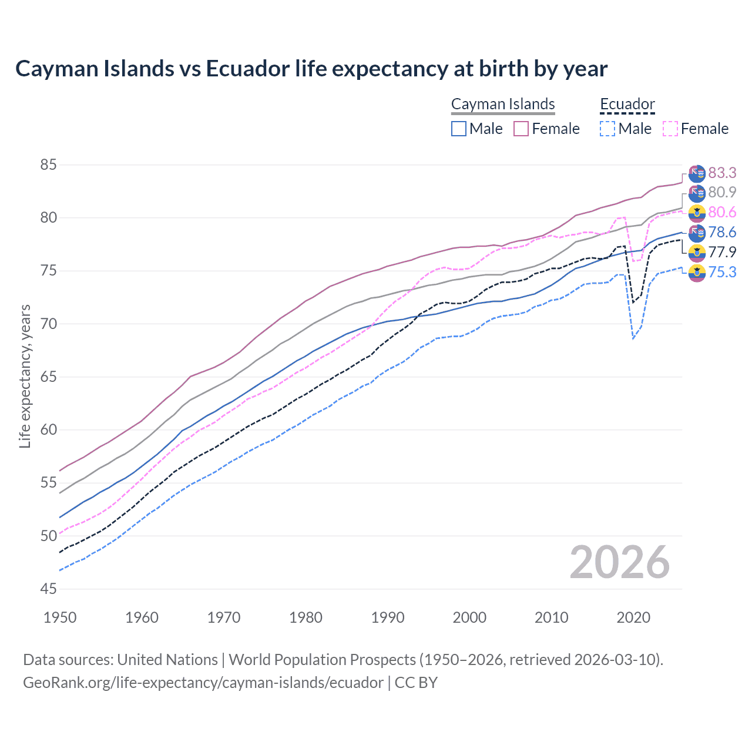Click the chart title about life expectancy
coord(311,69)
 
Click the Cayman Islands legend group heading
coord(503,104)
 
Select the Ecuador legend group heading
coord(627,104)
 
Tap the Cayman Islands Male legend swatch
coord(459,129)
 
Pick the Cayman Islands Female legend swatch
coord(521,129)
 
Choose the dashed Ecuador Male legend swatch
coord(607,129)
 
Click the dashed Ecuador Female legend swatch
coord(670,129)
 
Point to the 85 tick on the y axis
coord(48,165)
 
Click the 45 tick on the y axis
coord(48,589)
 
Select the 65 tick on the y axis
coord(48,377)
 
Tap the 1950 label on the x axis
coord(60,617)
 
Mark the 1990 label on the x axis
coord(388,617)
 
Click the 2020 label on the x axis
coord(633,617)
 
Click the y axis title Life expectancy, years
coord(25,377)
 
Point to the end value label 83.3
coord(722,173)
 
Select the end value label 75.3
coord(722,272)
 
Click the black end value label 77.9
coord(722,252)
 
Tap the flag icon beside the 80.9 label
coord(697,193)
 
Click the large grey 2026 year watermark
coord(620,563)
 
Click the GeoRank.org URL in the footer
coord(203,683)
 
